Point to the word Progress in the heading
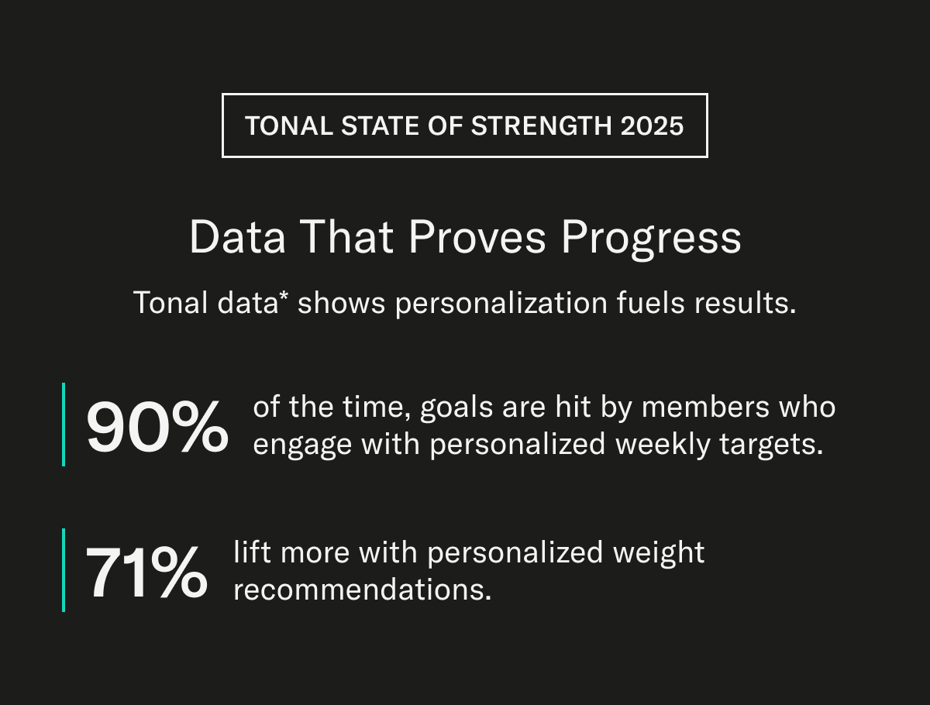pos(651,238)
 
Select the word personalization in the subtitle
pos(501,303)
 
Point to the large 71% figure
pos(146,573)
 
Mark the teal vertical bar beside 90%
pos(64,424)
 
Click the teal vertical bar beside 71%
pos(64,570)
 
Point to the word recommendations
pos(362,590)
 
